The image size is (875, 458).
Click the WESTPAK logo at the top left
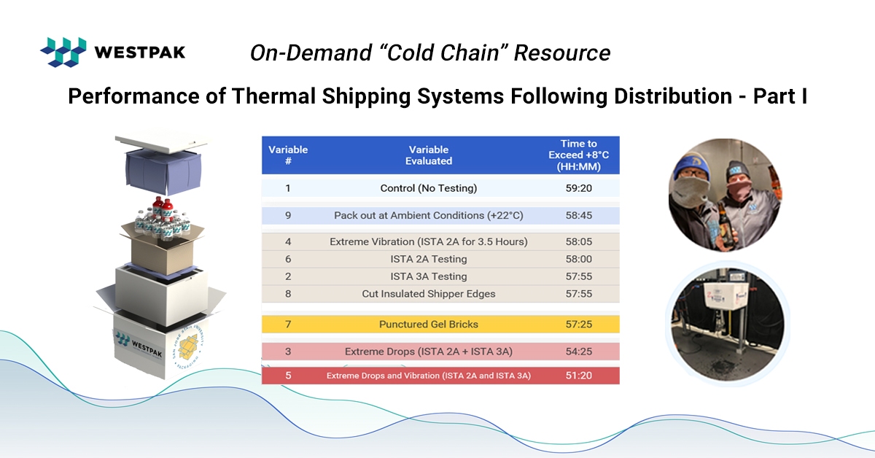click(112, 52)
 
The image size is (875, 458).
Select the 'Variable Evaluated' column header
click(429, 155)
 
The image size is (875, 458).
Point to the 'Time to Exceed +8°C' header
click(578, 155)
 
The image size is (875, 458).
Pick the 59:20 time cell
click(578, 188)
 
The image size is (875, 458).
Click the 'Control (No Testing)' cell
click(429, 188)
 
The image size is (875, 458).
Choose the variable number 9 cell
click(288, 215)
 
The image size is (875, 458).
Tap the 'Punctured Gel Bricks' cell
click(429, 324)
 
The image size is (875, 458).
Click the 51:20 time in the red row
click(578, 376)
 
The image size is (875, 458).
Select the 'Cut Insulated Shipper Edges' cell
click(429, 294)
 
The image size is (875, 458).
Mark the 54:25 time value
click(578, 352)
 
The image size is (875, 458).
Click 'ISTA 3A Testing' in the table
click(429, 276)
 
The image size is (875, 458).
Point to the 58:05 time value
click(578, 241)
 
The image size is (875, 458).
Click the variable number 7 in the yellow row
click(288, 324)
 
